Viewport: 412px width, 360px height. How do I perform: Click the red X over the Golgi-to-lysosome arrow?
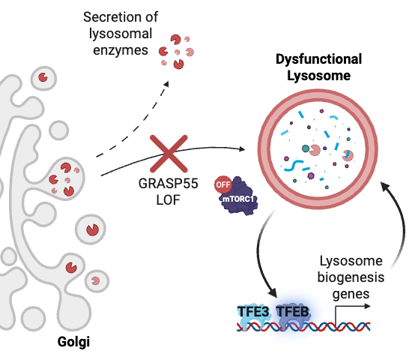tap(169, 154)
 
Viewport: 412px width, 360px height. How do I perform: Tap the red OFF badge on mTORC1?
tap(223, 184)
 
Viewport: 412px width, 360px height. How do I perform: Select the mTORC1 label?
tap(238, 199)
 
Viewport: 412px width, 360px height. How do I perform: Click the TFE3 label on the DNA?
tap(253, 312)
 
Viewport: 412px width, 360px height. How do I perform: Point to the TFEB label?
tap(293, 312)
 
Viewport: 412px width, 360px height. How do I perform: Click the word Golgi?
tap(73, 342)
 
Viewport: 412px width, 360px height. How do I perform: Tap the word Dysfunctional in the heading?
tap(318, 59)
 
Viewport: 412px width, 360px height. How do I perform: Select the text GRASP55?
tap(168, 184)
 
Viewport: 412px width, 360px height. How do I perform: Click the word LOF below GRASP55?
tap(168, 200)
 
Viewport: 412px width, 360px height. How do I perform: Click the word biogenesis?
tap(351, 277)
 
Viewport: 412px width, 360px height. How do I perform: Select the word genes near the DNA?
tap(351, 294)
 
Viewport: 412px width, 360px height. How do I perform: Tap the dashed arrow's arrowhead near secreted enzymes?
tap(166, 84)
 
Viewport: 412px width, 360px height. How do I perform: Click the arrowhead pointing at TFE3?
tap(273, 292)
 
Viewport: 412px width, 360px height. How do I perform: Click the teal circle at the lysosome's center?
tap(306, 148)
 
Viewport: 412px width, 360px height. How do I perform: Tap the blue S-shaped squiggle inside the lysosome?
tap(294, 166)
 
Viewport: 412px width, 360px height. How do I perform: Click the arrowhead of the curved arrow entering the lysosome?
tap(386, 186)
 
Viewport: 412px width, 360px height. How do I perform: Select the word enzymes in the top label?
tap(121, 50)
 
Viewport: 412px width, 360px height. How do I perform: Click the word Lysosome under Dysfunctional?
tap(318, 76)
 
